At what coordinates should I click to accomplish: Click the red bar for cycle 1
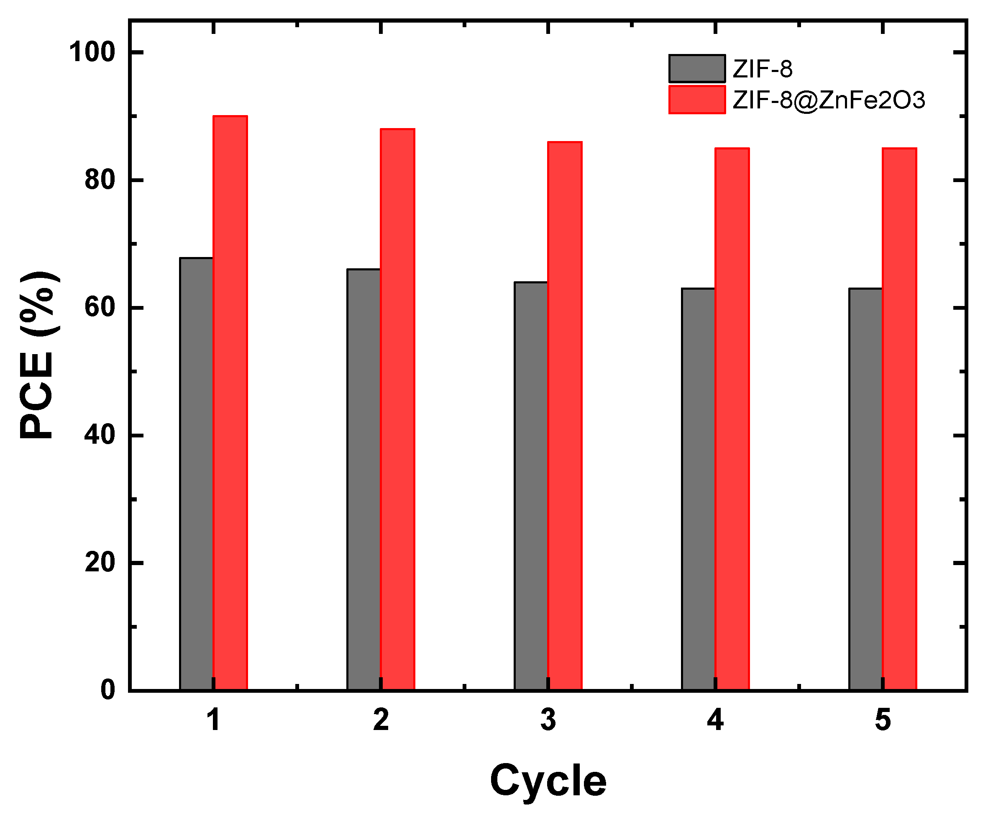tap(230, 403)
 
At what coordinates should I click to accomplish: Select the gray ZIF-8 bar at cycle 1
tap(196, 473)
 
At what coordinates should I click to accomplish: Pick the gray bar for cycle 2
tap(363, 479)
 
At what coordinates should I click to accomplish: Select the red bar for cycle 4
tap(732, 419)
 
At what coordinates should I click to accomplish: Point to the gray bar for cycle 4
tap(698, 488)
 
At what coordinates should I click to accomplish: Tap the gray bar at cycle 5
tap(866, 488)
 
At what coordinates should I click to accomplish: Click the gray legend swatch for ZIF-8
tap(697, 69)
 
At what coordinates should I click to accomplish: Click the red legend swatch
tap(697, 100)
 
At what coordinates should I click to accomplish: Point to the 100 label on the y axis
tap(92, 52)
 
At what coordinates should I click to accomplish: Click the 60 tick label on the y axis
tap(100, 307)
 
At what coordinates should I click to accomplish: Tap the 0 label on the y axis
tap(108, 690)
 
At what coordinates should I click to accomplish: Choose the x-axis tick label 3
tap(548, 720)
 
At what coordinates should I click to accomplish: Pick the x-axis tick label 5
tap(883, 720)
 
